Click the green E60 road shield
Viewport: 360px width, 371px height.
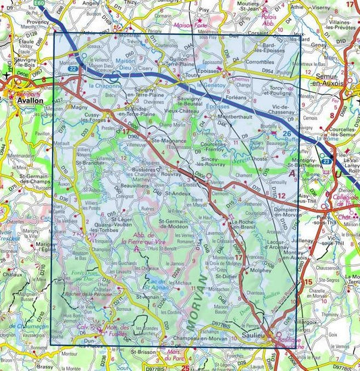tap(42, 3)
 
